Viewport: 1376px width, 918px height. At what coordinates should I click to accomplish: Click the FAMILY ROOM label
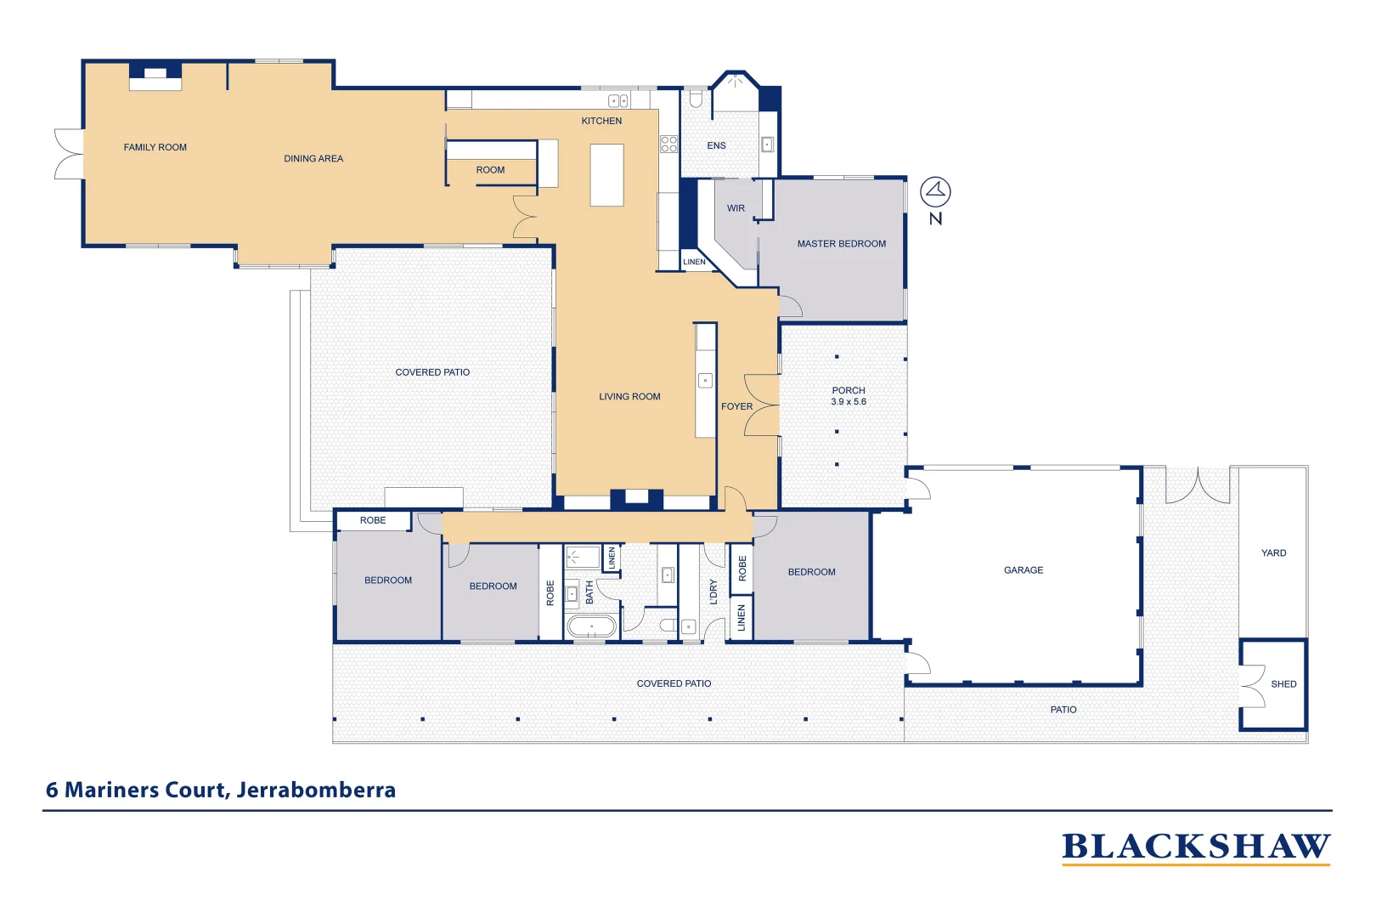[x=155, y=147]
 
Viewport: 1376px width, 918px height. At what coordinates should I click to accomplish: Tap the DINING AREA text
[x=313, y=159]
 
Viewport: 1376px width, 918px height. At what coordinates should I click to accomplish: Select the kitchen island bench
[x=606, y=175]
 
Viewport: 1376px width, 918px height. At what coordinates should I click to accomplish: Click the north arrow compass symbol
[x=935, y=192]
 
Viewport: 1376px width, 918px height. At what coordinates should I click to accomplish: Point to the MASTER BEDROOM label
[x=841, y=244]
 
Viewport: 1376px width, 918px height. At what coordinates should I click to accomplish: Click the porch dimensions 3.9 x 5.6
[x=849, y=402]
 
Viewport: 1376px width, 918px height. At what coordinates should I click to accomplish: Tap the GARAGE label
[x=1023, y=570]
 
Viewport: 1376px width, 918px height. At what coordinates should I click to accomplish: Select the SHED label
[x=1283, y=684]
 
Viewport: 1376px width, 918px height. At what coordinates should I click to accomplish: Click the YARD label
[x=1273, y=553]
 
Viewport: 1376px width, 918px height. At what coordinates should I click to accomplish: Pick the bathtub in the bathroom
[x=591, y=627]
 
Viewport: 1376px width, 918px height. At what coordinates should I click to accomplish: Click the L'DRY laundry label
[x=713, y=592]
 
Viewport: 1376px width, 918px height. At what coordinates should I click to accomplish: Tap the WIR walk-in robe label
[x=736, y=208]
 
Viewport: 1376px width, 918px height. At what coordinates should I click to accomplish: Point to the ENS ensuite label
[x=716, y=146]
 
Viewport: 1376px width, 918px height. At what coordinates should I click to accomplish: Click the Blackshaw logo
[x=1195, y=847]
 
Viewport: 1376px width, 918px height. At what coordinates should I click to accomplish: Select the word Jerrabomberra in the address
[x=316, y=790]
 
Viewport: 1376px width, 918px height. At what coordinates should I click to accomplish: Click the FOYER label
[x=736, y=406]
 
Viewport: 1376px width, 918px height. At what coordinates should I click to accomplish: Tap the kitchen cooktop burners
[x=669, y=144]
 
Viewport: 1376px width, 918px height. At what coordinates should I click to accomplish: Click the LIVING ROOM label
[x=629, y=397]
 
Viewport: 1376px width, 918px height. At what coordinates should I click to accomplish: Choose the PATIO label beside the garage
[x=1063, y=710]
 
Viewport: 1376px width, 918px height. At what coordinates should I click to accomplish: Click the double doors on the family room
[x=68, y=154]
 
